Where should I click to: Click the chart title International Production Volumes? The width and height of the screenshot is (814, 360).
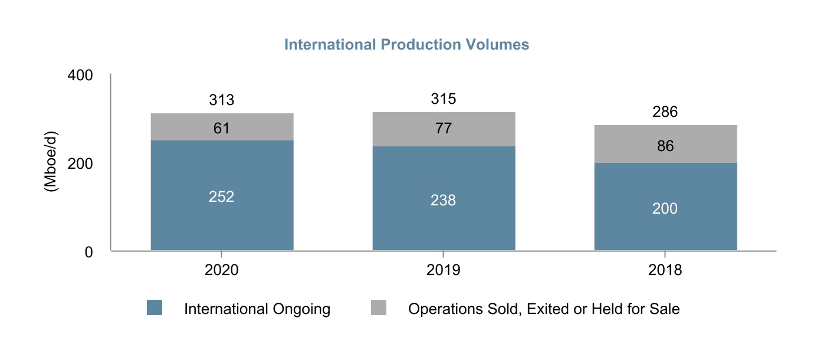[x=406, y=45]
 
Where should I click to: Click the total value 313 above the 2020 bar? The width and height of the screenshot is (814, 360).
[x=222, y=100]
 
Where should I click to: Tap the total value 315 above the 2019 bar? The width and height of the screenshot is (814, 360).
[x=444, y=99]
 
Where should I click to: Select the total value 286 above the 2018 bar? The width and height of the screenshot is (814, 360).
[x=665, y=112]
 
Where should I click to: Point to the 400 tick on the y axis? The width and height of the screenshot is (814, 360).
[x=80, y=76]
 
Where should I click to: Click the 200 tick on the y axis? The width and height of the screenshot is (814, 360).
[x=80, y=163]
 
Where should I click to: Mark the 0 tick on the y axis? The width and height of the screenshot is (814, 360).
[x=88, y=252]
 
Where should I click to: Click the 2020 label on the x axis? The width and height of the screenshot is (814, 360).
[x=222, y=270]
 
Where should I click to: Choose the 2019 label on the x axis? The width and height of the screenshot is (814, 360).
[x=444, y=270]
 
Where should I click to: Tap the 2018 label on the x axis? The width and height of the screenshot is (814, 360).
[x=665, y=270]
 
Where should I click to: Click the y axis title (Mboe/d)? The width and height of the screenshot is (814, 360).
[x=51, y=163]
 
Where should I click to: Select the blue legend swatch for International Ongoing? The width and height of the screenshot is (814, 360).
[x=155, y=307]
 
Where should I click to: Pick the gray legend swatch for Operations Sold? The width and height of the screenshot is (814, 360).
[x=379, y=307]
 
